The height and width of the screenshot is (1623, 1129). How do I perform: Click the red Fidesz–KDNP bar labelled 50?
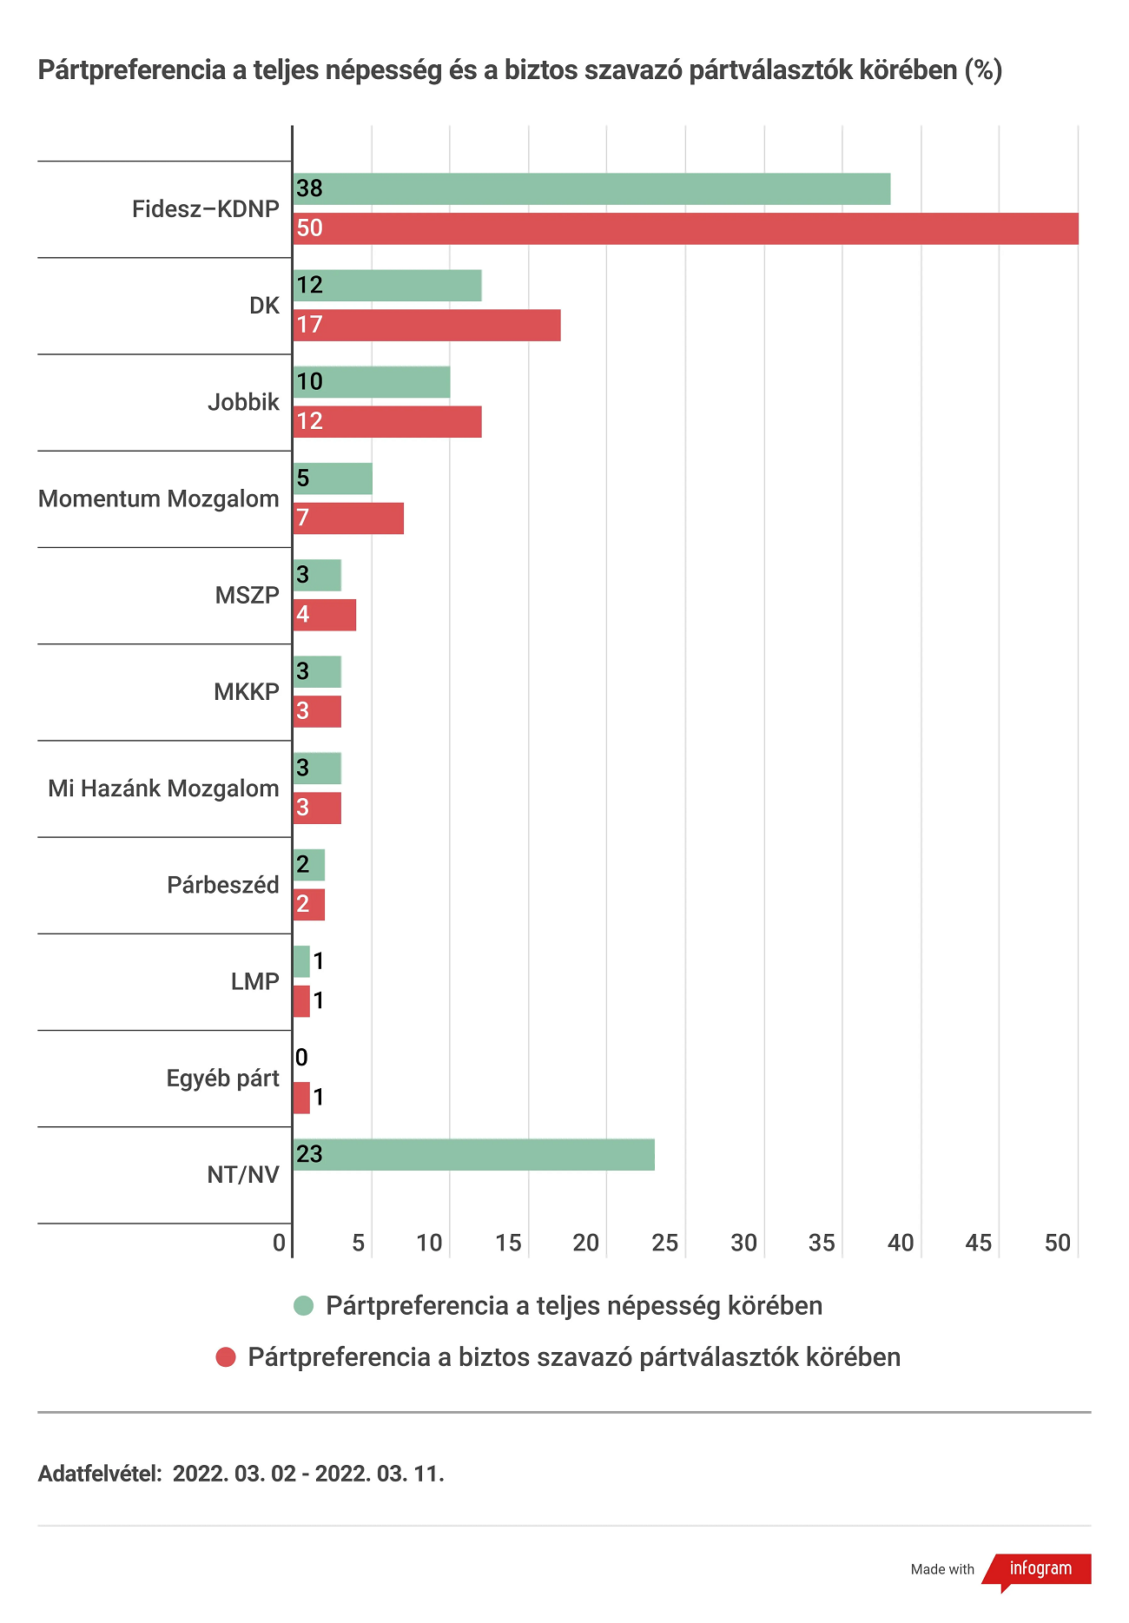(x=686, y=228)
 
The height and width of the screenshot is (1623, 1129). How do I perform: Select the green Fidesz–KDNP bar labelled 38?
(x=592, y=189)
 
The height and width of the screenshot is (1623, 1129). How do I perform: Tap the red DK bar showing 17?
(x=427, y=325)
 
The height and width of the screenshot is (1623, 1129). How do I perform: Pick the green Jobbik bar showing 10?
(x=372, y=382)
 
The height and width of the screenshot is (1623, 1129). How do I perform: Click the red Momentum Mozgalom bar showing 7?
(x=348, y=518)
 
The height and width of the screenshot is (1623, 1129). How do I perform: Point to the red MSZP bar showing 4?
(x=325, y=615)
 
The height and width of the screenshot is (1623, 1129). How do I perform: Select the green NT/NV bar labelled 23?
(x=474, y=1155)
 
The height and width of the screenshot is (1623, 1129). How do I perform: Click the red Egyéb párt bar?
(x=301, y=1098)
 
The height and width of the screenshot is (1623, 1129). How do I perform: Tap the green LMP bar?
(x=301, y=961)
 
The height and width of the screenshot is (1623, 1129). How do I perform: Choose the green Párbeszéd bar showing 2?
(x=309, y=865)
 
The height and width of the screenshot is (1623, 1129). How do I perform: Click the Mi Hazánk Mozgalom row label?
(x=163, y=788)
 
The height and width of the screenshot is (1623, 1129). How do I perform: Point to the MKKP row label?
(x=247, y=692)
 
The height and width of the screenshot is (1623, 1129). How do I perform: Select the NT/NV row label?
(x=243, y=1175)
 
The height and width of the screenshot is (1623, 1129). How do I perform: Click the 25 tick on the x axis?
(x=665, y=1243)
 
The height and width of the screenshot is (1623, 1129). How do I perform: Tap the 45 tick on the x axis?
(x=979, y=1243)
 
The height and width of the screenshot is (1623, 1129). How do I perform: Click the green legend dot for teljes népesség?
(x=303, y=1306)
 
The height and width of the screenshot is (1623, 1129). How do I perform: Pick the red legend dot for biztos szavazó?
(x=226, y=1357)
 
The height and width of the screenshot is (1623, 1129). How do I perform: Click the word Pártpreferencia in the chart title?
(x=132, y=70)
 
